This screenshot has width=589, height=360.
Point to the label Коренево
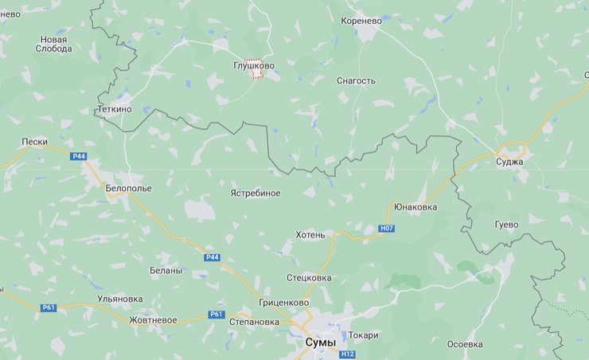point(361,21)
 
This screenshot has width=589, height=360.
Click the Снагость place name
point(356,80)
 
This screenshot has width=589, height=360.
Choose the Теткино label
point(114,108)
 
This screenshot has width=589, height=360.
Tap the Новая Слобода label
point(54,44)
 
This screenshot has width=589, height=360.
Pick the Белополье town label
point(128,188)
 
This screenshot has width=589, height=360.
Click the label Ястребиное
point(255,193)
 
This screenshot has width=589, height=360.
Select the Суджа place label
point(509,162)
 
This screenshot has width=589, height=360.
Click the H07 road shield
point(387,229)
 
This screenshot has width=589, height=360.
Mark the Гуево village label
point(505,225)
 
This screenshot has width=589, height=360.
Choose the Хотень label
point(310,235)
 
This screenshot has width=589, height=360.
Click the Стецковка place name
point(309,278)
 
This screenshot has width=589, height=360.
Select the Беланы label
point(166,270)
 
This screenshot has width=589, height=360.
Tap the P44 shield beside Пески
point(78,156)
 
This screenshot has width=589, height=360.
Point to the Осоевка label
point(465,344)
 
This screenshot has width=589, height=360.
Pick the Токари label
point(363,335)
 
